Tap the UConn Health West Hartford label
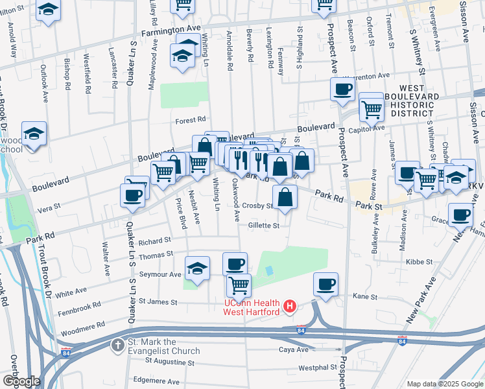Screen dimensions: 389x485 (x=252, y=307)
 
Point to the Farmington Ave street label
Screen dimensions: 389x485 (x=168, y=33)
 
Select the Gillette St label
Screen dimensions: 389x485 (x=263, y=226)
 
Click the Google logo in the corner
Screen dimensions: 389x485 (x=21, y=381)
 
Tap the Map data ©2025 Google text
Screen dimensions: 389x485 (x=444, y=384)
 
